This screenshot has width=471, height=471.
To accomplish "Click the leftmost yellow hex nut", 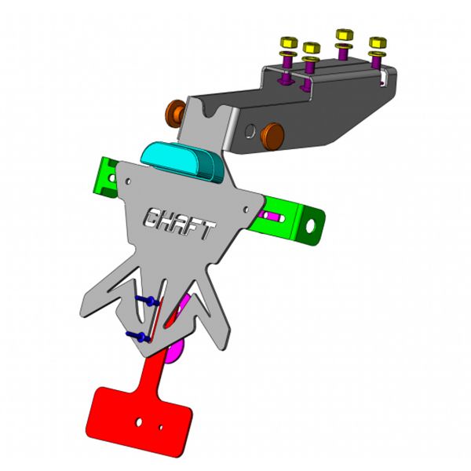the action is [x=289, y=42].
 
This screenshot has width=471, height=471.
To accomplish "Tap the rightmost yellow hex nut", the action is [x=378, y=42].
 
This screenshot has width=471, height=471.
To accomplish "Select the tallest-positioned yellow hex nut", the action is [x=345, y=35].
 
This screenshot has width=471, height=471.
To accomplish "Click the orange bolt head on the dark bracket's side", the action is [x=272, y=136].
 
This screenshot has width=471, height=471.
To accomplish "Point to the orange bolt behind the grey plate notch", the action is [x=175, y=114].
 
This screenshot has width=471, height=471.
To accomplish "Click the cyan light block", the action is [x=182, y=162].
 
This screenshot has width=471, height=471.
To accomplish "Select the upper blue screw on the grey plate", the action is [x=148, y=301].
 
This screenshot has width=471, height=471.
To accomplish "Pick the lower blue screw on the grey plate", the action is [x=138, y=337].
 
